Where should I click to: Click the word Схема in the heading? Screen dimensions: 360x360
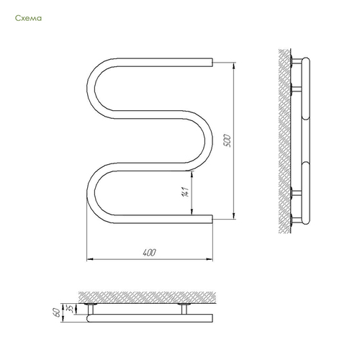28,18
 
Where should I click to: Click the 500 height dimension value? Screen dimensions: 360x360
227,141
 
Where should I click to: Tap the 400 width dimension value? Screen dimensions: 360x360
149,253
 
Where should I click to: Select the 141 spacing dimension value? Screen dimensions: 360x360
185,192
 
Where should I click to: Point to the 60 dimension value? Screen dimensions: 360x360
58,312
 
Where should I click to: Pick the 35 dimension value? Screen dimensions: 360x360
71,309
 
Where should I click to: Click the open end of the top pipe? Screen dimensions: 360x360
212,62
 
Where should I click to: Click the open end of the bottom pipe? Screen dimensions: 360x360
212,219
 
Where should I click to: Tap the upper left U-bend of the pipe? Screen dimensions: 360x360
91,89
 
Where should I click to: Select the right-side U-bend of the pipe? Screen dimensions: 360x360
208,141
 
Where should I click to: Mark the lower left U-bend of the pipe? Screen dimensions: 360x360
91,193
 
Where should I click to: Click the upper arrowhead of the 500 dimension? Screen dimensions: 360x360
234,66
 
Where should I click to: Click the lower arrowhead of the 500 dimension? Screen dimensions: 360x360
234,216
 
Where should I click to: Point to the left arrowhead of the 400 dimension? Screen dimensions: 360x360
90,259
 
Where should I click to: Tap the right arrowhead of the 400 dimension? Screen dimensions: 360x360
210,259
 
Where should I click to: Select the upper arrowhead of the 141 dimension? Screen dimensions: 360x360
192,174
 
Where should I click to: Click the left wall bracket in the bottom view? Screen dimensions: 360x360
91,309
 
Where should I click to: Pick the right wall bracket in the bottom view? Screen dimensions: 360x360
184,309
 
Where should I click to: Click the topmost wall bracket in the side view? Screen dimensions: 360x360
296,61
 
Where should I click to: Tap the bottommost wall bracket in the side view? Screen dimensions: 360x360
296,220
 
